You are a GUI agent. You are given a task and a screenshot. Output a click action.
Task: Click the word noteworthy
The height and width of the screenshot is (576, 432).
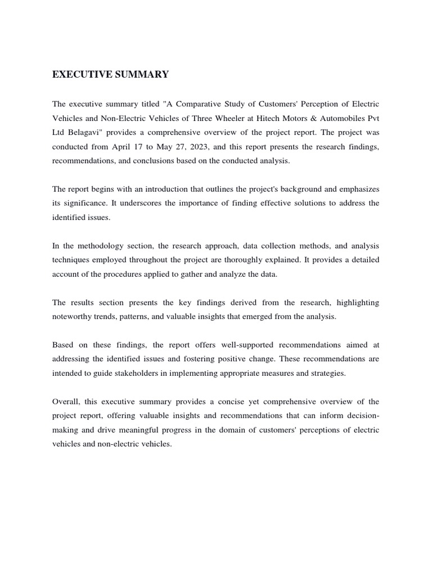click(73, 317)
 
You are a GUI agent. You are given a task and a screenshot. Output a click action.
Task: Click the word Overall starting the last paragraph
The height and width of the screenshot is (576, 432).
click(67, 402)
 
